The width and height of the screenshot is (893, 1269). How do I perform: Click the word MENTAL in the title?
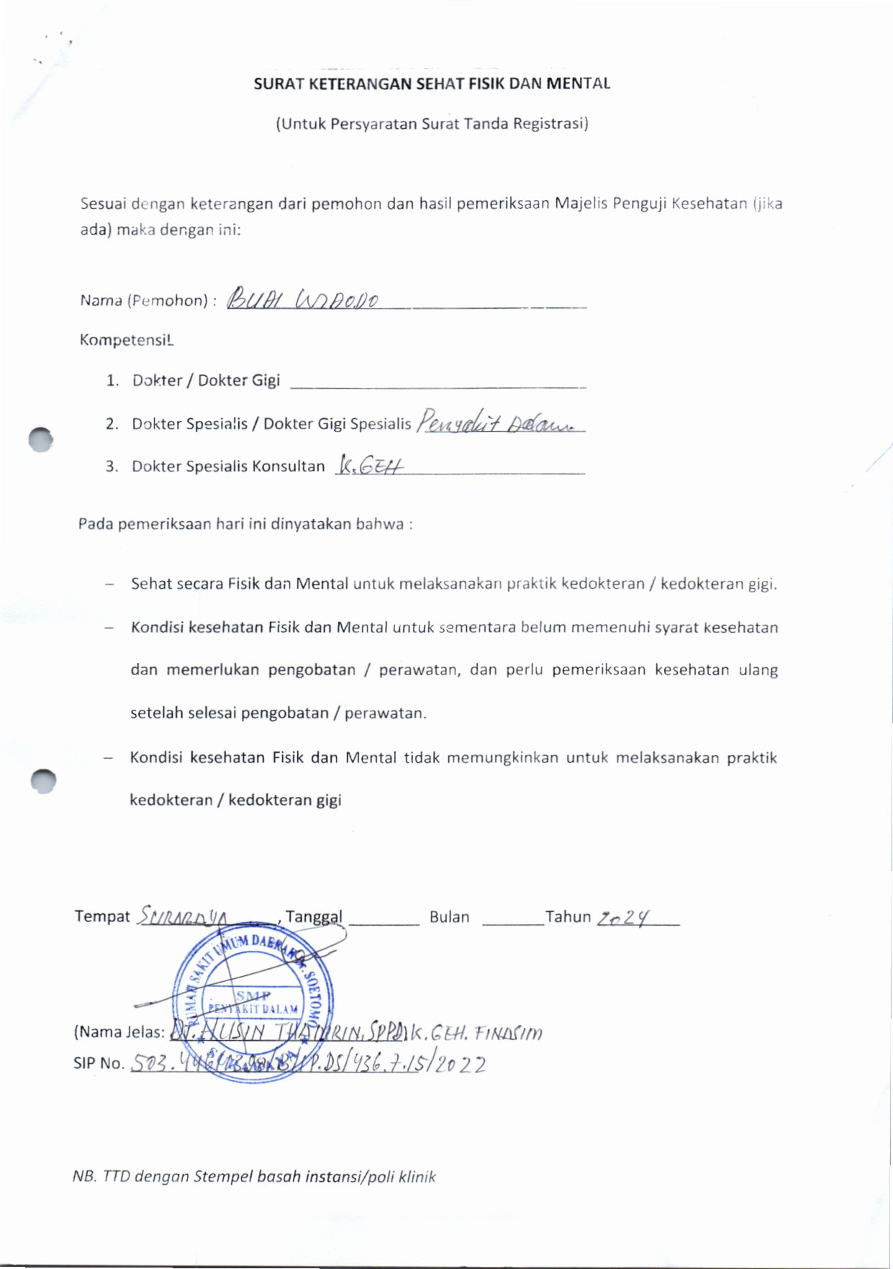point(578,83)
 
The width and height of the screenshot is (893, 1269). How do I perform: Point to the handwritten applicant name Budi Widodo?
point(302,299)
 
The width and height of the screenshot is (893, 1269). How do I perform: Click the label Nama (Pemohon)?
point(144,301)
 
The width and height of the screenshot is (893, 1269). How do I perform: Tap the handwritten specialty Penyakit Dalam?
point(498,422)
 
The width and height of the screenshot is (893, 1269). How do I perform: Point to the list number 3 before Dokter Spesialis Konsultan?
point(112,466)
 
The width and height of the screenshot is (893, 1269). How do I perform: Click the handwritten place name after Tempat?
point(183,917)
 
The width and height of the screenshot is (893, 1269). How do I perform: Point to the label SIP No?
point(99,1064)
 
